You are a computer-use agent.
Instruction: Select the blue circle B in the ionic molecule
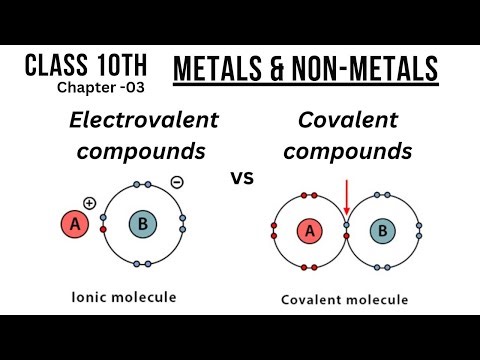(x=143, y=225)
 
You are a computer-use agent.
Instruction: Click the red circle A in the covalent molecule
(x=308, y=233)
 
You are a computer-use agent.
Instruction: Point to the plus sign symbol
(x=90, y=203)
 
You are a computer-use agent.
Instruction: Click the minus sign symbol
(x=176, y=183)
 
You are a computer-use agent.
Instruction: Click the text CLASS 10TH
(x=86, y=65)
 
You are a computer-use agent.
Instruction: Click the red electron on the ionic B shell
(x=104, y=229)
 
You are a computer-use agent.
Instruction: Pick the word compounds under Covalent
(x=355, y=152)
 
